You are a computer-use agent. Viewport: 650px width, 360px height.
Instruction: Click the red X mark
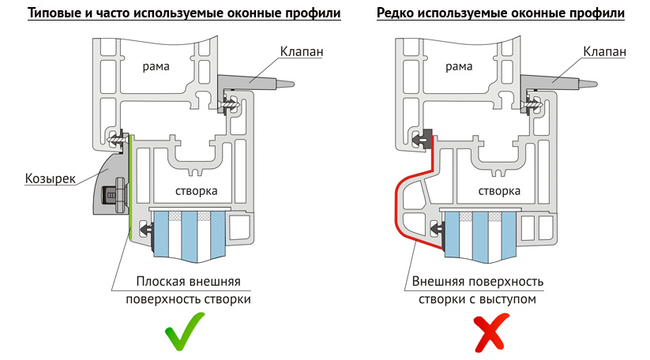click(491, 332)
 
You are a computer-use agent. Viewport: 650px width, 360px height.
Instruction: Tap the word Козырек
click(51, 178)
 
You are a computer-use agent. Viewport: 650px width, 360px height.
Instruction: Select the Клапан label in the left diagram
click(302, 52)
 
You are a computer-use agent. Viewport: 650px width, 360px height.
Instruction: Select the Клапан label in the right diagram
click(604, 52)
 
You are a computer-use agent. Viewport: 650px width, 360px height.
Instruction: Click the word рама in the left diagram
click(156, 66)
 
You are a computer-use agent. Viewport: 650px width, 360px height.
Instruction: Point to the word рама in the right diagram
click(459, 66)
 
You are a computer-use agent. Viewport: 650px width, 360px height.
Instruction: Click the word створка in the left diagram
click(196, 191)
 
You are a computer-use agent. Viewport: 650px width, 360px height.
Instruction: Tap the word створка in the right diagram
click(499, 191)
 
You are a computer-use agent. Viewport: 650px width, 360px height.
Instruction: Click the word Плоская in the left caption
click(161, 282)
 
